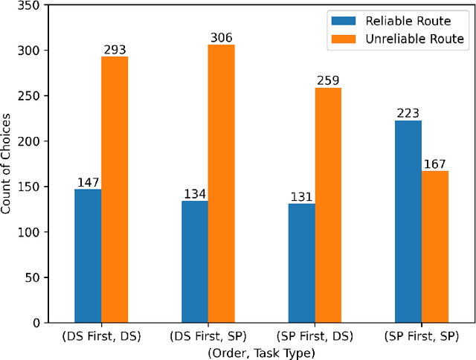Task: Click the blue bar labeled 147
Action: point(88,256)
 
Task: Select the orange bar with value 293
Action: point(115,190)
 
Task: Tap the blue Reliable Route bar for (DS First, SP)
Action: point(194,262)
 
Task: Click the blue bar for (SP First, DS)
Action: point(301,263)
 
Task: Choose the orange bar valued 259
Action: point(328,205)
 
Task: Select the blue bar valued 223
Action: point(408,222)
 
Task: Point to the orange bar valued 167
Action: point(435,247)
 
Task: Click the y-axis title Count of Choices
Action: point(7,164)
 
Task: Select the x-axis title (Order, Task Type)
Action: point(261,352)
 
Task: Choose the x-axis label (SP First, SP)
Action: point(422,337)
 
